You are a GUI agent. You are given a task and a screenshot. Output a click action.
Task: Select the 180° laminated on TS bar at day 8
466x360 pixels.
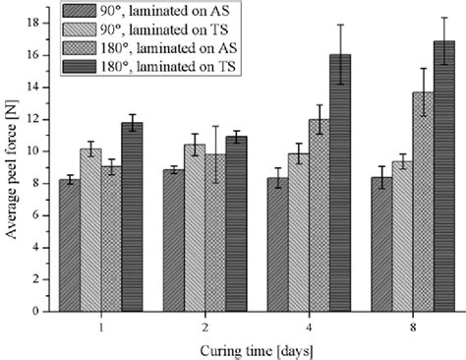444,176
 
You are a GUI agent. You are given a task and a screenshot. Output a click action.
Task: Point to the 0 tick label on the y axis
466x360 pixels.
36,311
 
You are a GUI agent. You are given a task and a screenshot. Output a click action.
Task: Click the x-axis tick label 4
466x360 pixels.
308,326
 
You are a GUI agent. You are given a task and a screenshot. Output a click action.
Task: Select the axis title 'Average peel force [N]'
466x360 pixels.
11,167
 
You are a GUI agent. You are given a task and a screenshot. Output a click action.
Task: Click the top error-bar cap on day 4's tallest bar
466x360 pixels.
340,25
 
